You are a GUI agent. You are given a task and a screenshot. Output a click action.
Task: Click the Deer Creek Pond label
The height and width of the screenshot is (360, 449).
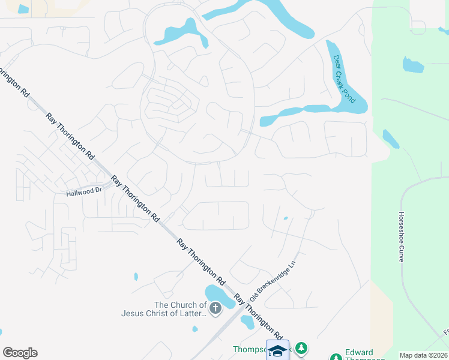[345, 79]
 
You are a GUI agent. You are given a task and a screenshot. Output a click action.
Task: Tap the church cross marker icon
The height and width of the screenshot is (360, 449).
[215, 309]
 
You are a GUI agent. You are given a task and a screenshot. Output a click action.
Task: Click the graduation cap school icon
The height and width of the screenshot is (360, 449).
[277, 350]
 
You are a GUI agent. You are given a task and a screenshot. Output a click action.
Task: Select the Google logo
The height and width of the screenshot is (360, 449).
[20, 353]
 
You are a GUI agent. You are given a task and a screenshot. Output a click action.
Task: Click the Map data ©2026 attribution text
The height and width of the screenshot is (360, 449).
[423, 355]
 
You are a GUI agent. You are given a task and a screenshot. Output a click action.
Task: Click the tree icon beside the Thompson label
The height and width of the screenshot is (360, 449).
[302, 348]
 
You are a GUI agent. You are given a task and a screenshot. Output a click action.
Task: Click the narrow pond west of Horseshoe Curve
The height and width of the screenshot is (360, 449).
[390, 139]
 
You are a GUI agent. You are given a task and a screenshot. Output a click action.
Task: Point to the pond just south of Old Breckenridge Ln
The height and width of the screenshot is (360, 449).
[247, 322]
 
